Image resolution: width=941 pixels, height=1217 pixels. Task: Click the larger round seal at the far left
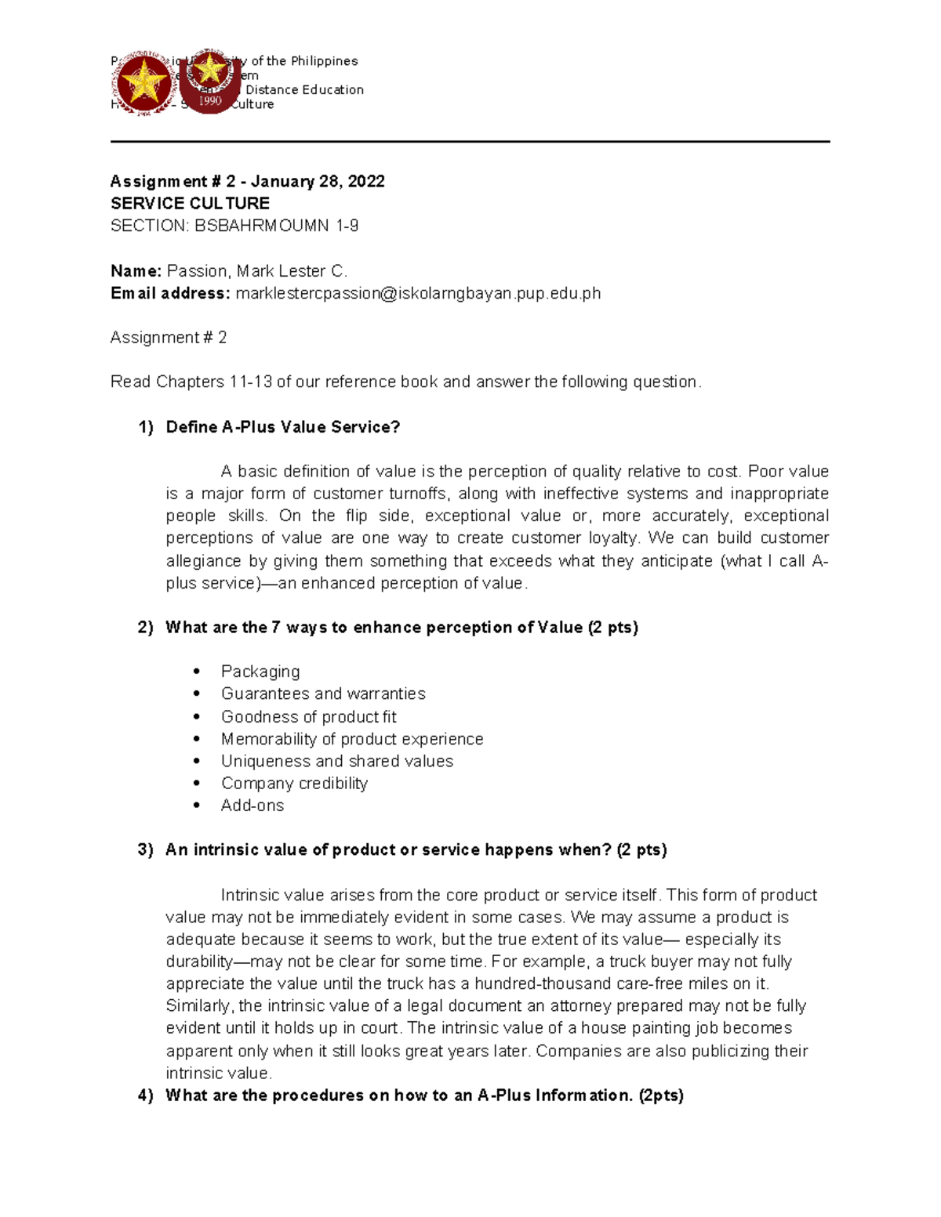pyautogui.click(x=145, y=85)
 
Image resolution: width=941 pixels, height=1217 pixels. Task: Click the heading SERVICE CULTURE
pyautogui.click(x=190, y=204)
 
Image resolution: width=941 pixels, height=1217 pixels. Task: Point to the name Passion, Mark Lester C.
pyautogui.click(x=257, y=271)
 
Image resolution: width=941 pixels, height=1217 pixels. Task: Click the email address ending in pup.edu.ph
pyautogui.click(x=418, y=293)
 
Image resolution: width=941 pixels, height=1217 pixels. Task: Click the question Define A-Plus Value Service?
pyautogui.click(x=283, y=427)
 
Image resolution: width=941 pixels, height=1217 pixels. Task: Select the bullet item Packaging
pyautogui.click(x=260, y=672)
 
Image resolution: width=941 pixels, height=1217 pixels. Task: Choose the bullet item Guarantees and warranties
pyautogui.click(x=323, y=694)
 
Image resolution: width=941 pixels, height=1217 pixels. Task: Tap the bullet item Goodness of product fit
pyautogui.click(x=308, y=716)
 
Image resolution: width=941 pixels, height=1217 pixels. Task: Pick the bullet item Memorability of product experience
pyautogui.click(x=352, y=739)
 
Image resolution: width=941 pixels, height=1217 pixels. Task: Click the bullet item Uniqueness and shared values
pyautogui.click(x=337, y=761)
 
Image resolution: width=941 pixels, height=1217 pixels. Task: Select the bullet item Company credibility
pyautogui.click(x=294, y=784)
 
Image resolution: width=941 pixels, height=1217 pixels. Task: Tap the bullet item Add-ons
pyautogui.click(x=253, y=806)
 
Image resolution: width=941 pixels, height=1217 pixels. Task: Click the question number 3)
pyautogui.click(x=146, y=850)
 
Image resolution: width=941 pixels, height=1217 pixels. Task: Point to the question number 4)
pyautogui.click(x=146, y=1096)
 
